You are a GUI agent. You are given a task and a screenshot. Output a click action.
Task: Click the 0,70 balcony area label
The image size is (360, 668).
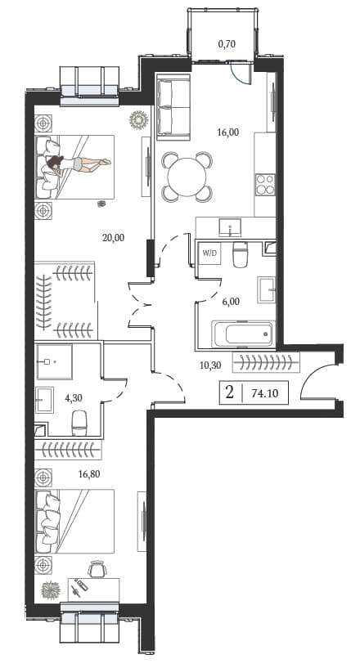coord(227,43)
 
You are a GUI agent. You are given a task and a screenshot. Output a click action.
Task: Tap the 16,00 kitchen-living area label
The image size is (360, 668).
coord(227,132)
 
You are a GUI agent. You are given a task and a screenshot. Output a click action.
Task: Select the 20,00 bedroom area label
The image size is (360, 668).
coord(114,238)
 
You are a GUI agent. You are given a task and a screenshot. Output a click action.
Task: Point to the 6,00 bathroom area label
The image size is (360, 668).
coord(231,302)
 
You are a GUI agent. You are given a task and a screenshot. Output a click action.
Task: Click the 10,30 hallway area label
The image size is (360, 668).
coord(210,365)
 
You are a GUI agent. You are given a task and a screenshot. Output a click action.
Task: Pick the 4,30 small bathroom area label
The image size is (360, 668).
coord(74,398)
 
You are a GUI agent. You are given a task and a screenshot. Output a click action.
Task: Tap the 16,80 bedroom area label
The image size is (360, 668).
coord(89,473)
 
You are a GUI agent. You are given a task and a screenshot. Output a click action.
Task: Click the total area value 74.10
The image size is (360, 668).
coord(264,393)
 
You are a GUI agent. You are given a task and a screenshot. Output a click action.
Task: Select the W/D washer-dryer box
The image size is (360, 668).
coord(209,253)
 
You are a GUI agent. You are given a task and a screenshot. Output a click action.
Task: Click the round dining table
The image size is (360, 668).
coord(187,177)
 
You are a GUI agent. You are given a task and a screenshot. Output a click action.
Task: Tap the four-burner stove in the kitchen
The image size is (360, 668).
coord(265,185)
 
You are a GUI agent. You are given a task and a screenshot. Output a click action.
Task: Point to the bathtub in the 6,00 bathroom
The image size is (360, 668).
coord(243,334)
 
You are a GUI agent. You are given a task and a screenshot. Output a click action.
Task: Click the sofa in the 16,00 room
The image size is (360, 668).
coord(173,106)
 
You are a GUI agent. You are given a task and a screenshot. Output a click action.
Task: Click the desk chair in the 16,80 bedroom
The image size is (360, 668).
coord(97,569)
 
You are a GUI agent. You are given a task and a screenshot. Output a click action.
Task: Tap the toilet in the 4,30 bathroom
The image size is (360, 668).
coord(79,423)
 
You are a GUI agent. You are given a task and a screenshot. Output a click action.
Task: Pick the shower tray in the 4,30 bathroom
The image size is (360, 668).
coord(54,361)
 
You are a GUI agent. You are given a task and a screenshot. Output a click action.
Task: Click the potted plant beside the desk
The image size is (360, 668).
coord(51,590)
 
